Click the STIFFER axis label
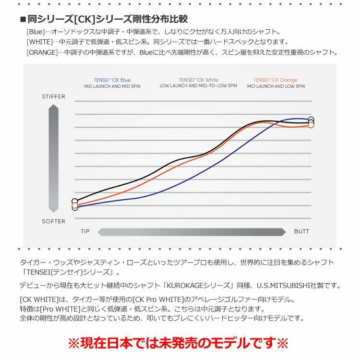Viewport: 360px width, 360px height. pos(53,96)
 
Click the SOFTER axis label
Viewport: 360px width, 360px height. pos(53,221)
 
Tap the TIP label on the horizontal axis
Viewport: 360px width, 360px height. pos(85,232)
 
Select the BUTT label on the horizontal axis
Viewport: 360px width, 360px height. pos(301,232)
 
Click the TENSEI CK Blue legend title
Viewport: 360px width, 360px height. pos(112,80)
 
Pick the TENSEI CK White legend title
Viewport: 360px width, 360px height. pos(198,80)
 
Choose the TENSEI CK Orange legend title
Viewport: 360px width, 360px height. pos(276,80)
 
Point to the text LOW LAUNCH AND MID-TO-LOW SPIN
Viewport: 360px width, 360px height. pos(198,86)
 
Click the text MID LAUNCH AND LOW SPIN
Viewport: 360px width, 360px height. pos(276,86)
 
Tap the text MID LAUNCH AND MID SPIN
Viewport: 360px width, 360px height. pos(112,86)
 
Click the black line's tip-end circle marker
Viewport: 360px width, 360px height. pos(74,202)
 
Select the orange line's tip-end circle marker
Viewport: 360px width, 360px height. pos(74,205)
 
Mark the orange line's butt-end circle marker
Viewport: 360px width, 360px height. pos(311,125)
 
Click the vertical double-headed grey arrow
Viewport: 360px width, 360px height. pos(53,159)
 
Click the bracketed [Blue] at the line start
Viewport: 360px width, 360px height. pos(35,32)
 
